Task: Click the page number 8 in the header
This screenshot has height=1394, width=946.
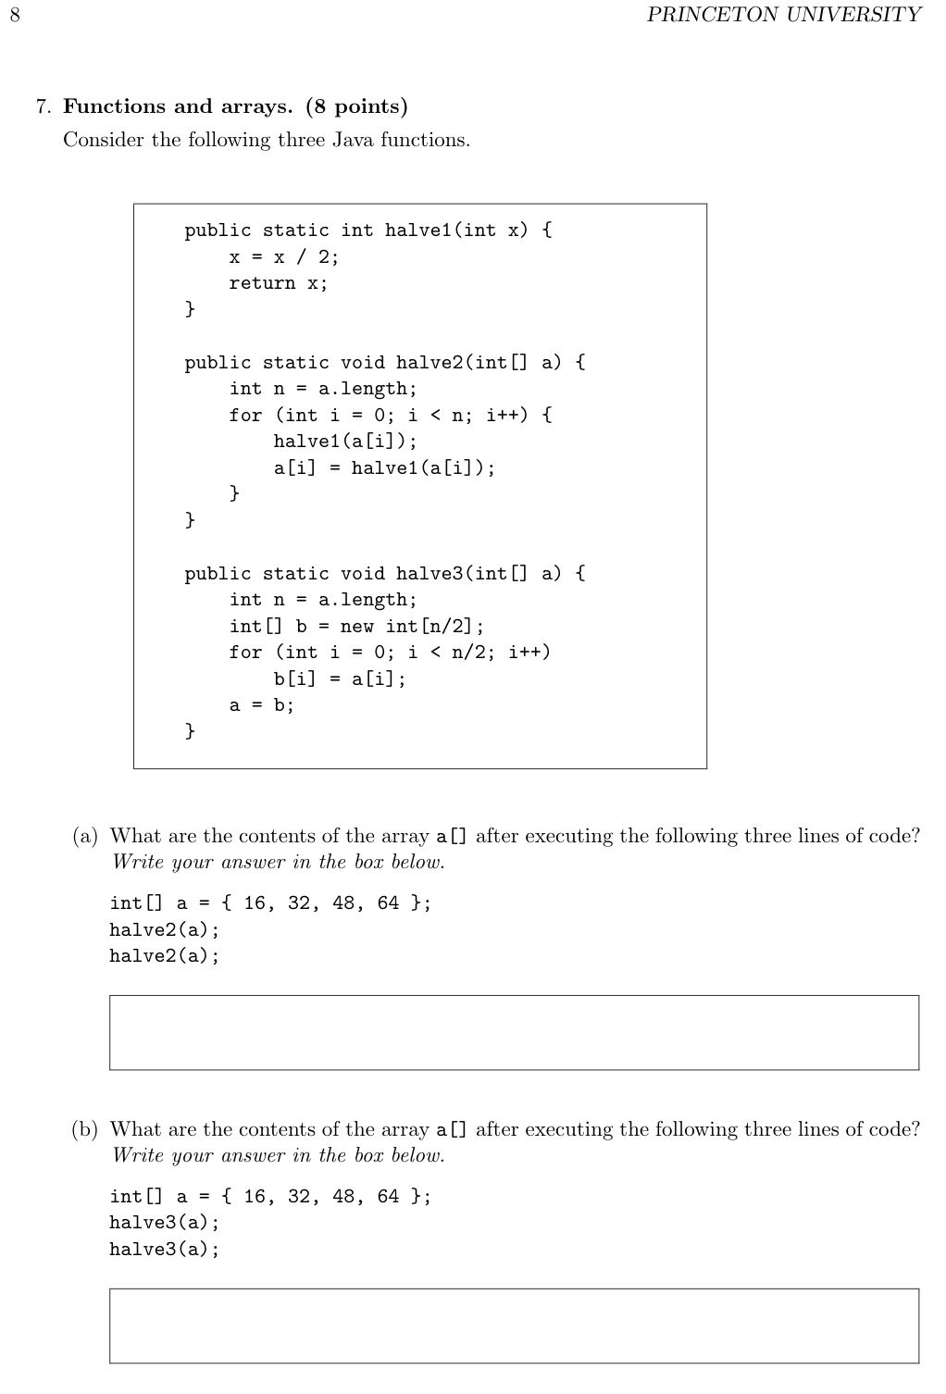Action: [14, 15]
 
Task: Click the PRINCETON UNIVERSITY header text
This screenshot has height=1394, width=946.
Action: [784, 15]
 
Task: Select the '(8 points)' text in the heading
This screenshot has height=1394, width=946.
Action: [356, 106]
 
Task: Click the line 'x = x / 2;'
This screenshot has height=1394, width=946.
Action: [284, 256]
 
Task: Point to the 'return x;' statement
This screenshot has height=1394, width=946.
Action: [278, 283]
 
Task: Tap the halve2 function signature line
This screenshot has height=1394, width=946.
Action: [384, 362]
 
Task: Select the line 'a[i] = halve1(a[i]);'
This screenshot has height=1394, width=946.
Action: [384, 467]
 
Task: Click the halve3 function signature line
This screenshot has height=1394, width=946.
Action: [384, 573]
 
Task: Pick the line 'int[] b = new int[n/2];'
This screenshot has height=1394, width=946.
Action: [356, 626]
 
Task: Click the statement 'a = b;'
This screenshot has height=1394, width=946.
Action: [261, 705]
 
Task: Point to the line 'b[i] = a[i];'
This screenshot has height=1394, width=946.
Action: [340, 678]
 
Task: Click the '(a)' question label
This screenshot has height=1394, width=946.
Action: [85, 836]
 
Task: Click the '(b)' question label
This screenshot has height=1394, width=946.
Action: [85, 1129]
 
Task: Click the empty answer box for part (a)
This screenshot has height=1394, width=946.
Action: [514, 1032]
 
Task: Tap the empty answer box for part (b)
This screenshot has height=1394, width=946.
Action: [514, 1326]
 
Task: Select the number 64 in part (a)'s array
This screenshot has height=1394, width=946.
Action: [388, 902]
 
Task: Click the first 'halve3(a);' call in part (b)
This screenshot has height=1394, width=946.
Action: [165, 1222]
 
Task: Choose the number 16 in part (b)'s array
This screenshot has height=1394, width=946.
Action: [255, 1196]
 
